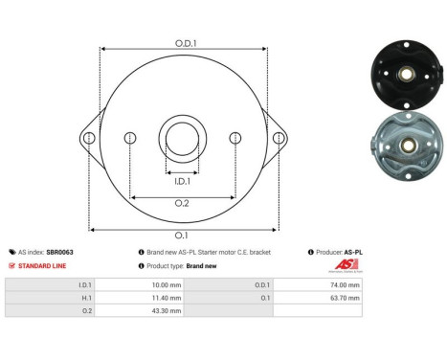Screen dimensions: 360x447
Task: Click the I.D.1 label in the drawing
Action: coord(182,179)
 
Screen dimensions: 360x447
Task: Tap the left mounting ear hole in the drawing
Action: coord(89,138)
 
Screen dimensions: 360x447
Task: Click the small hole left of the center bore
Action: coord(130,139)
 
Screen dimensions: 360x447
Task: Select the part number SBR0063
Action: coord(60,252)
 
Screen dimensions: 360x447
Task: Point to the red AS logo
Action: coord(345,266)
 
